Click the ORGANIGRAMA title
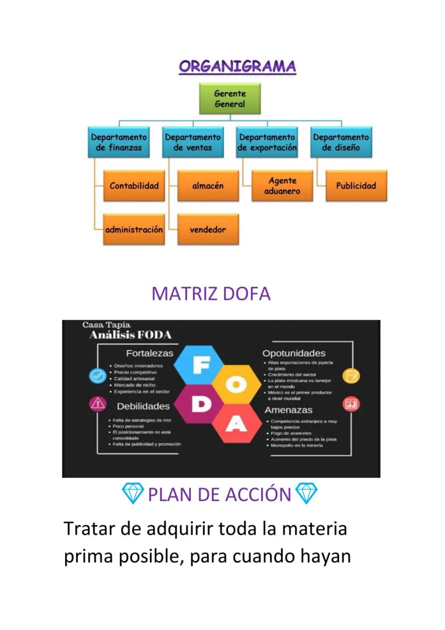tap(237, 67)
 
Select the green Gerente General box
tap(229, 99)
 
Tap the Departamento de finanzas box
tap(119, 142)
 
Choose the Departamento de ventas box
tap(192, 142)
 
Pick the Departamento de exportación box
tap(267, 142)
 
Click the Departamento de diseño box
tap(341, 142)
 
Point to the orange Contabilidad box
tap(134, 186)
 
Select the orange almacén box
tap(207, 186)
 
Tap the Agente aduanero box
tap(282, 186)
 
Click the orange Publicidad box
tap(356, 186)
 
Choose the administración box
tap(134, 229)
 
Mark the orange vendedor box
tap(207, 229)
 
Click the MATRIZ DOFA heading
tap(211, 294)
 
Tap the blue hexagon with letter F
tap(200, 366)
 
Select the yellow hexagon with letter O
tap(236, 385)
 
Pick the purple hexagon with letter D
tap(200, 405)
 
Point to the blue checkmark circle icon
tap(97, 376)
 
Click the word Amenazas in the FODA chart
tap(288, 410)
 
